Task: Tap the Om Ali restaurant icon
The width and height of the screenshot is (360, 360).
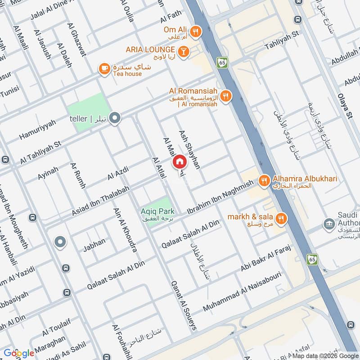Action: click(x=195, y=31)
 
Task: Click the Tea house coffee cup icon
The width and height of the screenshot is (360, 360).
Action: click(x=104, y=69)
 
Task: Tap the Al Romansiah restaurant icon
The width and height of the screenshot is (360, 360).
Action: click(x=226, y=95)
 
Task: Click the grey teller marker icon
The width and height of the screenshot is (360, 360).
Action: click(x=116, y=118)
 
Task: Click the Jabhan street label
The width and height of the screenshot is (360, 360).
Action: click(x=94, y=241)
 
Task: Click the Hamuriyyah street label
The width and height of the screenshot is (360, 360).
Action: click(x=37, y=130)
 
